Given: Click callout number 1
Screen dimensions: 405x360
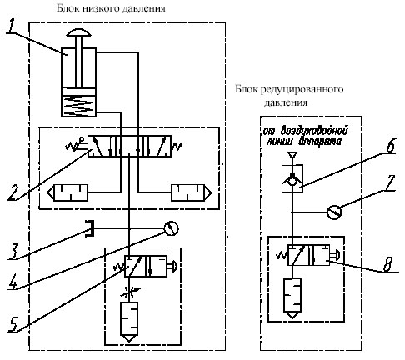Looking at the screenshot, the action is pos(10,26).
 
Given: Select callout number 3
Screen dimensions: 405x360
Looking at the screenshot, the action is pos(13,251).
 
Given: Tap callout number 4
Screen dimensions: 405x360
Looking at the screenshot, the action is pos(12,281).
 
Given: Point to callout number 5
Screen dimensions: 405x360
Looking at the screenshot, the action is pos(13,323).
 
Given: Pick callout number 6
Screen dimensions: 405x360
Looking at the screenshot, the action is pos(391,145).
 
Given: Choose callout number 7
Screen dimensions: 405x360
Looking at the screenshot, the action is pos(389,182).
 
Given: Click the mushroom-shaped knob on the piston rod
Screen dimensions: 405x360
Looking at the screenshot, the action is pos(78,32).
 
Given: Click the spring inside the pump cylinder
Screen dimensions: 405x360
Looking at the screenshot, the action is pos(78,106).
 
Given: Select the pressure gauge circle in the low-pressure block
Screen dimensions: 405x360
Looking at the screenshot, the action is pos(172,228).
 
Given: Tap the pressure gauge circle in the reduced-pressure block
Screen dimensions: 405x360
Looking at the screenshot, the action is pos(334,212).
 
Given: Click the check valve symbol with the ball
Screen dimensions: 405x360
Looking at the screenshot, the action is pos(292,178).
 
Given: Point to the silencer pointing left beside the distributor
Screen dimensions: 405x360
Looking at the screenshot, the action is pos(67,192).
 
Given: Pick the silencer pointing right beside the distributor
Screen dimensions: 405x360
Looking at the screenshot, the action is pos(191,192).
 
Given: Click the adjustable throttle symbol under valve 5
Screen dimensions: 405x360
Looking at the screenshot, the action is pos(129,292).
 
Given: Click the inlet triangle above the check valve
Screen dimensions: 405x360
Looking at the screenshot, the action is pos(292,155).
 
